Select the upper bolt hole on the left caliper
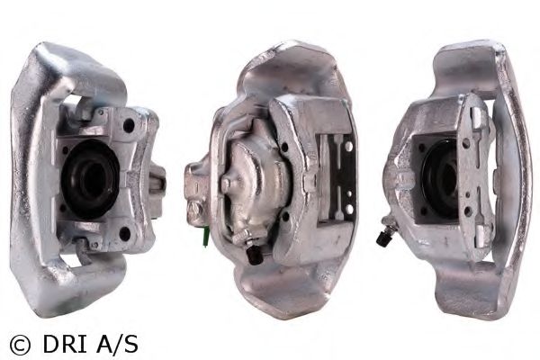[129, 125]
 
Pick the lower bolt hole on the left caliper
[124, 233]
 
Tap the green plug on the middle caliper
[207, 238]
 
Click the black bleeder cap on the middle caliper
[255, 256]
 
